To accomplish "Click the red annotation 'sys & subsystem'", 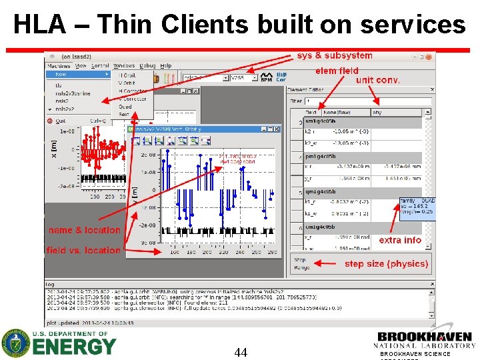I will pos(335,55).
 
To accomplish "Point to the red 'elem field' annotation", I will pos(337,70).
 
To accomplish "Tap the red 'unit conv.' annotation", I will pos(378,80).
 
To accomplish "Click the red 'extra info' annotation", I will pos(400,240).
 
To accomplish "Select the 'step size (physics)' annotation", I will pos(386,264).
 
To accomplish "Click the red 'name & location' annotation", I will pos(84,230).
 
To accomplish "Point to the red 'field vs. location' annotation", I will pos(84,250).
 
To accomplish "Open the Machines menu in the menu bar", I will pos(58,66).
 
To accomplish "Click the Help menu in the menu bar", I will pos(165,66).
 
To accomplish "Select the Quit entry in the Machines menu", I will pos(60,121).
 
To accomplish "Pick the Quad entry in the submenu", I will pos(125,107).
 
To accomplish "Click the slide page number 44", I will pos(241,351).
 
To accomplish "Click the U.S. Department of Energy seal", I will pos(14,343).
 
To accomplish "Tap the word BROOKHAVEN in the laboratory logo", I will pos(425,337).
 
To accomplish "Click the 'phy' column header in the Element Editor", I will pos(377,113).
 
